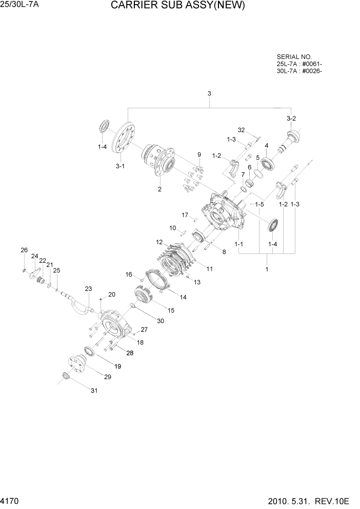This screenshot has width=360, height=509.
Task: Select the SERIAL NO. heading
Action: [294, 57]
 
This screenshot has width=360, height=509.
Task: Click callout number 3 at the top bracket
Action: [209, 93]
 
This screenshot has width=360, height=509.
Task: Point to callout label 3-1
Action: [120, 166]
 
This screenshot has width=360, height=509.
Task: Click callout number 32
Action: [242, 129]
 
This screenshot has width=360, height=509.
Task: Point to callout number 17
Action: [185, 214]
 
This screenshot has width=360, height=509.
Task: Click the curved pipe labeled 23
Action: [79, 308]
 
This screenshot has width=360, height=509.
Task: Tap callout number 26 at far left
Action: [24, 250]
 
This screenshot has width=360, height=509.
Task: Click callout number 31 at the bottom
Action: [94, 391]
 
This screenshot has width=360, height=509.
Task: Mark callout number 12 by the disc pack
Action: [159, 242]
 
